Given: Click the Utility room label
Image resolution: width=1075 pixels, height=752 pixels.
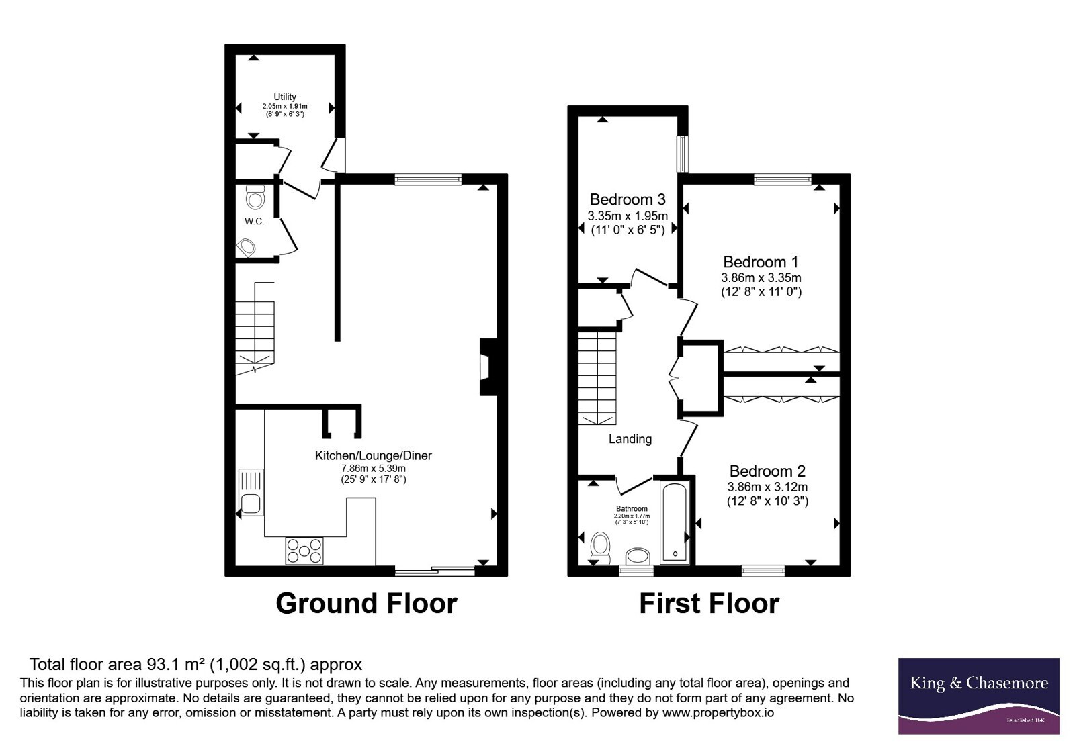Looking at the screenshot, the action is (x=285, y=97).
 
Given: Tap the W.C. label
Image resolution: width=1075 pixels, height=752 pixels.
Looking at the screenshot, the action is (x=255, y=222).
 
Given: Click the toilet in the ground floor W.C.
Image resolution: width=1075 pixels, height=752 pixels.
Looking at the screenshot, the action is (x=255, y=197).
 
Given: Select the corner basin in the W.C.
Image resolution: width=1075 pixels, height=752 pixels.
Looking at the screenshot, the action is (x=246, y=248).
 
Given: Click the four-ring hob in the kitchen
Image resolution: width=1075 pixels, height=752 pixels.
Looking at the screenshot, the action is (x=304, y=551).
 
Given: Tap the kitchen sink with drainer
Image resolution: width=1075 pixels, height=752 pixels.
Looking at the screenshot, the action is (x=251, y=492).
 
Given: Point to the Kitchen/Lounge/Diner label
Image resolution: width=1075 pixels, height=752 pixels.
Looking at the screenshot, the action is (x=374, y=456).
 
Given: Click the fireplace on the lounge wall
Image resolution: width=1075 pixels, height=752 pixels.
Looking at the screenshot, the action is (x=488, y=367).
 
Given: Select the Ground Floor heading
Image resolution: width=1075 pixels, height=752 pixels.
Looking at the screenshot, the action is (x=366, y=604).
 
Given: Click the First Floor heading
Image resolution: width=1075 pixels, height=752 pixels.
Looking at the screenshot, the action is (x=709, y=604).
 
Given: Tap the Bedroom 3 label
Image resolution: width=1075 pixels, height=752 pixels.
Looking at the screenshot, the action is (x=628, y=199).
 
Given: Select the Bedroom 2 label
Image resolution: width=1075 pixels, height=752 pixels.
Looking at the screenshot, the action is (x=767, y=471).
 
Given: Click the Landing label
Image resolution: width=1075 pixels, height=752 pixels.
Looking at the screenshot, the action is (x=630, y=439).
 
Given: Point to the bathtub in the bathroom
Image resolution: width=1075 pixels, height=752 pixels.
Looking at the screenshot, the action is (x=675, y=522).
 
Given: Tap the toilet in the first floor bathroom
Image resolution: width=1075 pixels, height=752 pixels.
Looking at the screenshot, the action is (x=601, y=548).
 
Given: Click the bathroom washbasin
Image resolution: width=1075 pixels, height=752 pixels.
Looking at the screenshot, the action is (x=638, y=557).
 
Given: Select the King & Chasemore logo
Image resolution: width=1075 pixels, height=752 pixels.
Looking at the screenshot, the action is (x=979, y=696).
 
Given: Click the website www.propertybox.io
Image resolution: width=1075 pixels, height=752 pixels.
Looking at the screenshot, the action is (x=718, y=712).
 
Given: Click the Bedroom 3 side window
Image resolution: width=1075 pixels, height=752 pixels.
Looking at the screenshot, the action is (x=683, y=154).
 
